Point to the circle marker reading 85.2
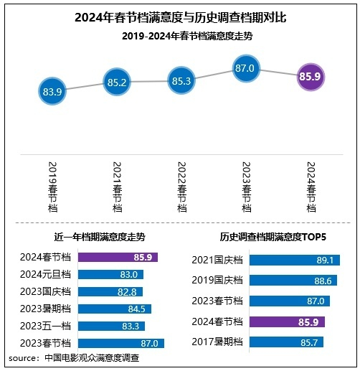click(x=116, y=82)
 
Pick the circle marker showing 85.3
click(x=181, y=81)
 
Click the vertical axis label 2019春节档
click(x=52, y=186)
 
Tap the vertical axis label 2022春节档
click(x=181, y=186)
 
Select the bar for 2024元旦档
click(x=110, y=274)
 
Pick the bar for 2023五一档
click(x=111, y=326)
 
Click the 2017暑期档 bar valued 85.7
click(x=285, y=342)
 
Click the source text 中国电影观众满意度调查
click(x=91, y=357)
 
